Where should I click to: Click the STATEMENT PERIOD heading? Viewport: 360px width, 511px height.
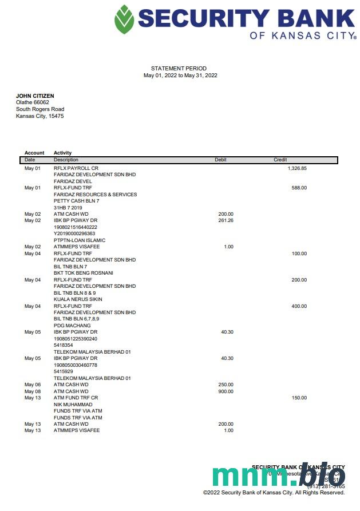179,69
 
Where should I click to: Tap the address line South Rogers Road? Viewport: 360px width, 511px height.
40,109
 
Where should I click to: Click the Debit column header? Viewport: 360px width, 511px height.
220,160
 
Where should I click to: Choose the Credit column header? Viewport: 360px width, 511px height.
280,160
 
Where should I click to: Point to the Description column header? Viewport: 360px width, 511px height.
66,160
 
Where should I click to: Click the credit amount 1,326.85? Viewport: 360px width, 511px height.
297,168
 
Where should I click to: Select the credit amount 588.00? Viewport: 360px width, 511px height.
299,188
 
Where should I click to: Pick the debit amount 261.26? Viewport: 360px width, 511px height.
226,220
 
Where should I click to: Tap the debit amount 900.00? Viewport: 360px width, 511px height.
226,391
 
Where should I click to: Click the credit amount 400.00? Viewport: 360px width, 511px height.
299,306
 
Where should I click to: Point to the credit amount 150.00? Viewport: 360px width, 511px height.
299,398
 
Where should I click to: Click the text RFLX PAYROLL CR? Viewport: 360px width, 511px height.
72,168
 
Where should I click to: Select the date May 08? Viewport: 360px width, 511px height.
33,391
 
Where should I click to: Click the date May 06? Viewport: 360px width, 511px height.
33,385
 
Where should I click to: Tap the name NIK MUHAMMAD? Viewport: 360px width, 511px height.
73,405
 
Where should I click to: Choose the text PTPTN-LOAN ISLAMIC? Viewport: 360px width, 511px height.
76,240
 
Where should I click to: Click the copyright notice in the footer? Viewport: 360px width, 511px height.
274,492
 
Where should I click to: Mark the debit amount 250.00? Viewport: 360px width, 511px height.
226,385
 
